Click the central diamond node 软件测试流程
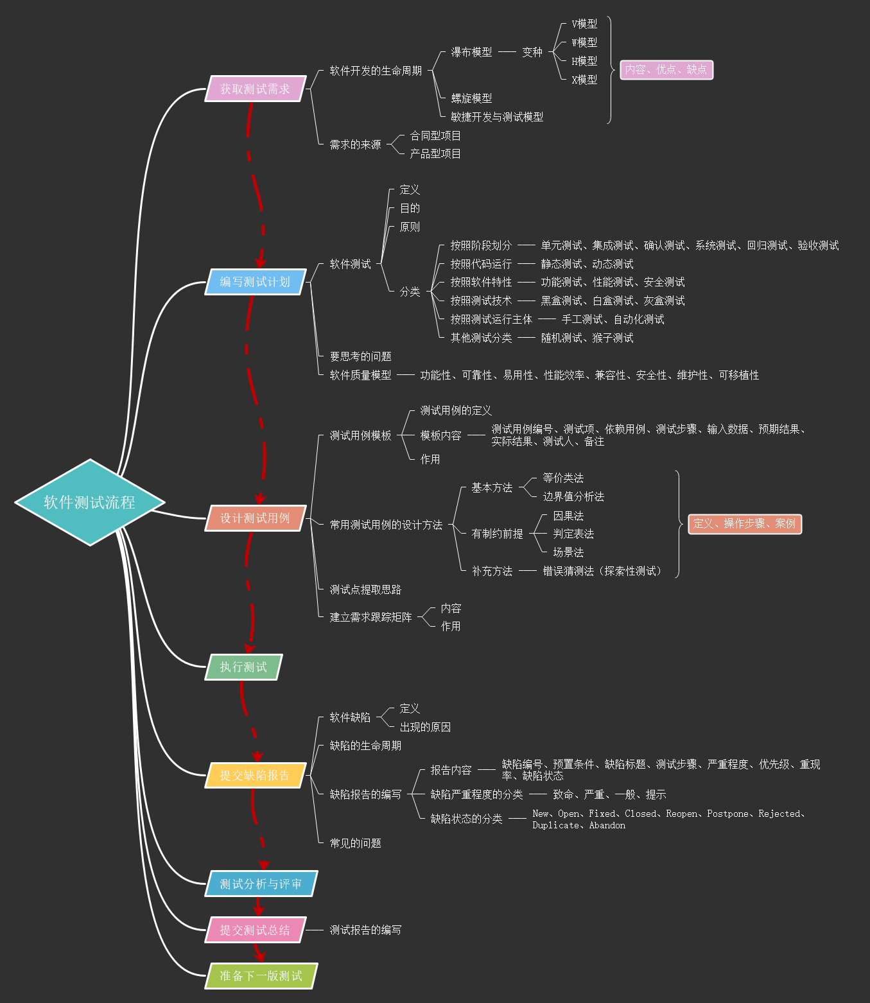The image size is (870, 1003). tap(90, 502)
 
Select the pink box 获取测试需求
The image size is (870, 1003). tap(255, 89)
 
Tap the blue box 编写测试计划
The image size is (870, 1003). tap(255, 282)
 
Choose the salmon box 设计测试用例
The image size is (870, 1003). tap(255, 518)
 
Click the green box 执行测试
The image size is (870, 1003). tap(243, 667)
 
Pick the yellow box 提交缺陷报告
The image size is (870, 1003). tap(255, 775)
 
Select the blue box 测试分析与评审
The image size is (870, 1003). tap(261, 884)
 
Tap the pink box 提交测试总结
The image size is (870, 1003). tap(255, 930)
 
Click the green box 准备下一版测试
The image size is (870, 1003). tap(261, 976)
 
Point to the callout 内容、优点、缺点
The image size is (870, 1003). tap(666, 69)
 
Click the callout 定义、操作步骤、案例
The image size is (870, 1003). tap(744, 524)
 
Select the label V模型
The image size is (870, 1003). tap(584, 24)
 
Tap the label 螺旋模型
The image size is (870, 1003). tap(471, 98)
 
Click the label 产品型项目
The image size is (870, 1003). tap(435, 154)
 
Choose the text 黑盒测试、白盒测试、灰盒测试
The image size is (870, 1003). tap(613, 301)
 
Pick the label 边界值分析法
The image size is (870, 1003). tap(573, 496)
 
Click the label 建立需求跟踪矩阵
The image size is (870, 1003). tap(370, 617)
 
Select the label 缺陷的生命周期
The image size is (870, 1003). tap(365, 746)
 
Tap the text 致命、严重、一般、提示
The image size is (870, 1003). tap(609, 794)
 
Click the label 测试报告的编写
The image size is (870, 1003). tap(365, 930)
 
